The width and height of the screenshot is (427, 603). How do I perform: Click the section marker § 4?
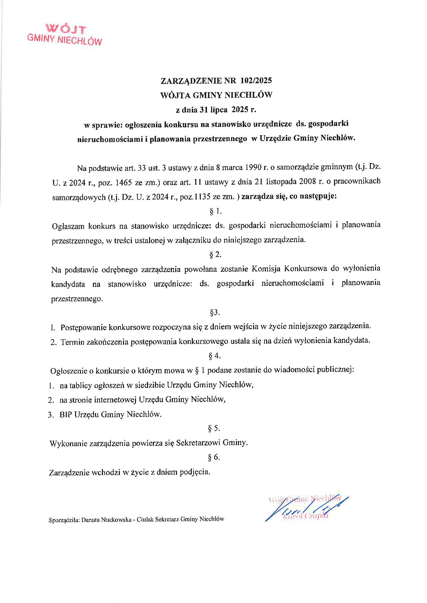coord(215,356)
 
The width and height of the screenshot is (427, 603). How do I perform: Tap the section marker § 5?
coord(214,428)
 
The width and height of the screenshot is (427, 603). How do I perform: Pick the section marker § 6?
coord(214,457)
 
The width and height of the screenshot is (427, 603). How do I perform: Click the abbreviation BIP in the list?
coord(66,414)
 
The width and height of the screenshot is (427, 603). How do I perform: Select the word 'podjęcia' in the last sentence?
coord(195,472)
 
